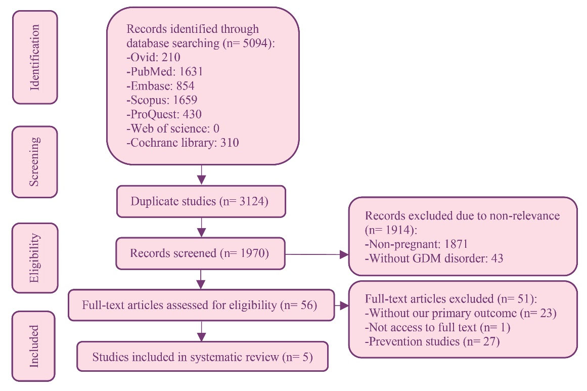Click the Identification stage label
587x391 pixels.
pos(35,57)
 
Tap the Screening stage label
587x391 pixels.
pos(35,161)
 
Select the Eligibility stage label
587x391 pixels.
pos(35,257)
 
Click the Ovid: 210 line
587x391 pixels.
pos(153,58)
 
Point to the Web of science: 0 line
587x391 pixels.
pos(172,128)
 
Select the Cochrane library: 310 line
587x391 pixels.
pos(183,143)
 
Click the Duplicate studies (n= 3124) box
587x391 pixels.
pos(201,201)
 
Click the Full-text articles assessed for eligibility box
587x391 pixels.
pos(201,305)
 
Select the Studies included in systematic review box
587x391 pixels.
pos(202,357)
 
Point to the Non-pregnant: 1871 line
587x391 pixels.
pos(417,244)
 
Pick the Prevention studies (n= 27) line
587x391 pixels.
pos(432,342)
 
